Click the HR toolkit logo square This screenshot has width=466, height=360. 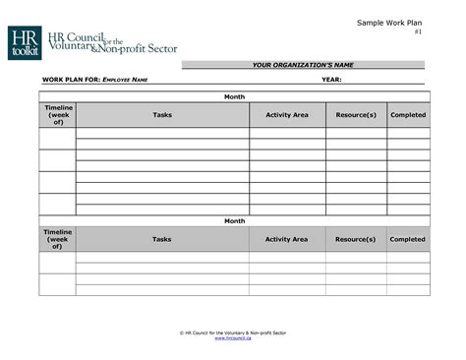tap(24, 42)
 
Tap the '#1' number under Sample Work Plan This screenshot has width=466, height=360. tap(418, 32)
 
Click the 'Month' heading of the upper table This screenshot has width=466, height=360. tap(234, 96)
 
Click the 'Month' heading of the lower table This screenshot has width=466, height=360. tap(234, 221)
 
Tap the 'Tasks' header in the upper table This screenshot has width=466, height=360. tap(162, 115)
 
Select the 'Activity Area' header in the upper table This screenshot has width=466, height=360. tap(286, 115)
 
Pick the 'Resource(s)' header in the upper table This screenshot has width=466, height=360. tap(356, 115)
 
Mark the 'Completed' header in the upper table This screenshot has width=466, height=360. tap(407, 115)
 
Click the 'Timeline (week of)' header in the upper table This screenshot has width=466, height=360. tap(57, 115)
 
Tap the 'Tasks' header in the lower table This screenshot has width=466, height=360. tap(162, 239)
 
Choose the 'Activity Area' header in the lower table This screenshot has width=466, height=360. tap(286, 239)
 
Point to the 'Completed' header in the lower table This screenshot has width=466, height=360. tap(407, 239)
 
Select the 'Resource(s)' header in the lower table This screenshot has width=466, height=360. tap(356, 239)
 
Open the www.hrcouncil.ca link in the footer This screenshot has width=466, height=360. tap(233, 339)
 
